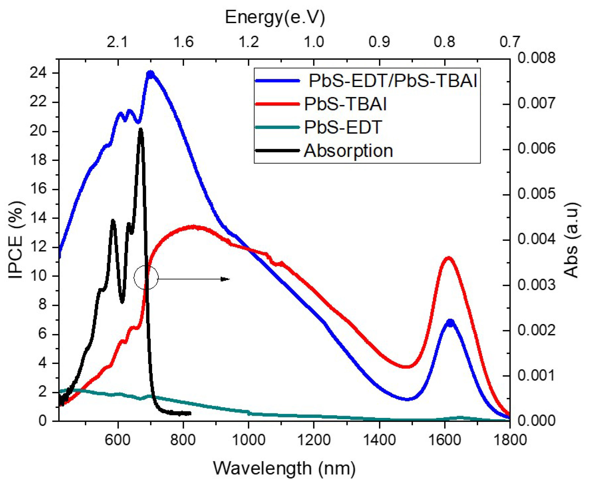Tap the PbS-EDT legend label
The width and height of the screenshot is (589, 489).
tap(343, 127)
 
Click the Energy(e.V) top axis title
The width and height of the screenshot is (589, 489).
tap(275, 17)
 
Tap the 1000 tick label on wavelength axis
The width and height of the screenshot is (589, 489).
tap(248, 440)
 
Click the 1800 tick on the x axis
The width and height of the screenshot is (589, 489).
tap(510, 440)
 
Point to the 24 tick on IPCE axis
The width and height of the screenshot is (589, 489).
tap(38, 73)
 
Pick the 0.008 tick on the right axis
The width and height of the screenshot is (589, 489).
tap(536, 58)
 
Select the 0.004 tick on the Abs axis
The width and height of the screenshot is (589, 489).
tap(536, 240)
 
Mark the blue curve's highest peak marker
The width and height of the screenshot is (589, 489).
tap(151, 75)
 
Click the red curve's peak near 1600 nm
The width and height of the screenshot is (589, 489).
tap(449, 258)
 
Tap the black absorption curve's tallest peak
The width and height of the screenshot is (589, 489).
tap(141, 129)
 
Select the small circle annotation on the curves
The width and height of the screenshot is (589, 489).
tap(146, 277)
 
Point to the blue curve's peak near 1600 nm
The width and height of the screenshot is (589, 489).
tap(450, 322)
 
